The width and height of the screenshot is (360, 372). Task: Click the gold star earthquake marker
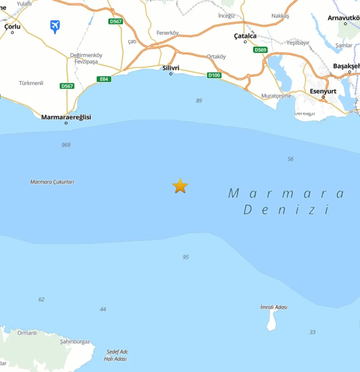tap(180, 186)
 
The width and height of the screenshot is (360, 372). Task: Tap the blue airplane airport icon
tap(55, 26)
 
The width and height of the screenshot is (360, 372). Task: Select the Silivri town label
tap(171, 68)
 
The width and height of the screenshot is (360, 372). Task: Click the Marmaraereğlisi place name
tap(66, 117)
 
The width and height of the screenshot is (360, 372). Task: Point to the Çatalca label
tap(245, 36)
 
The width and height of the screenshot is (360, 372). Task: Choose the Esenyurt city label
tap(323, 91)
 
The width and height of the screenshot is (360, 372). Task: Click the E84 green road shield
tap(104, 79)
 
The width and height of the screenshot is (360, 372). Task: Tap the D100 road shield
tap(214, 75)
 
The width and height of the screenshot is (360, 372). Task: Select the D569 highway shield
tap(260, 50)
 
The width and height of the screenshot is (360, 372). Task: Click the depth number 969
tap(66, 145)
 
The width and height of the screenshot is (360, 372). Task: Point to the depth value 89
tap(199, 101)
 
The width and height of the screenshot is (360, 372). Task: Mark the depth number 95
tap(186, 257)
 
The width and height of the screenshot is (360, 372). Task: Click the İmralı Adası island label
tap(274, 307)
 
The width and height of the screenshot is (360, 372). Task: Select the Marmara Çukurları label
tap(52, 182)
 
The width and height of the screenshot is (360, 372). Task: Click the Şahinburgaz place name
tap(75, 342)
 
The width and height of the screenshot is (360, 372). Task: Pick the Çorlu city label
tap(12, 27)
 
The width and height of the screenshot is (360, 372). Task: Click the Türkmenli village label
tap(31, 83)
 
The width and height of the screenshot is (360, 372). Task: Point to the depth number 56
tap(290, 159)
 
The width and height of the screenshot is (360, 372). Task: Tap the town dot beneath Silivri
tap(171, 74)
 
